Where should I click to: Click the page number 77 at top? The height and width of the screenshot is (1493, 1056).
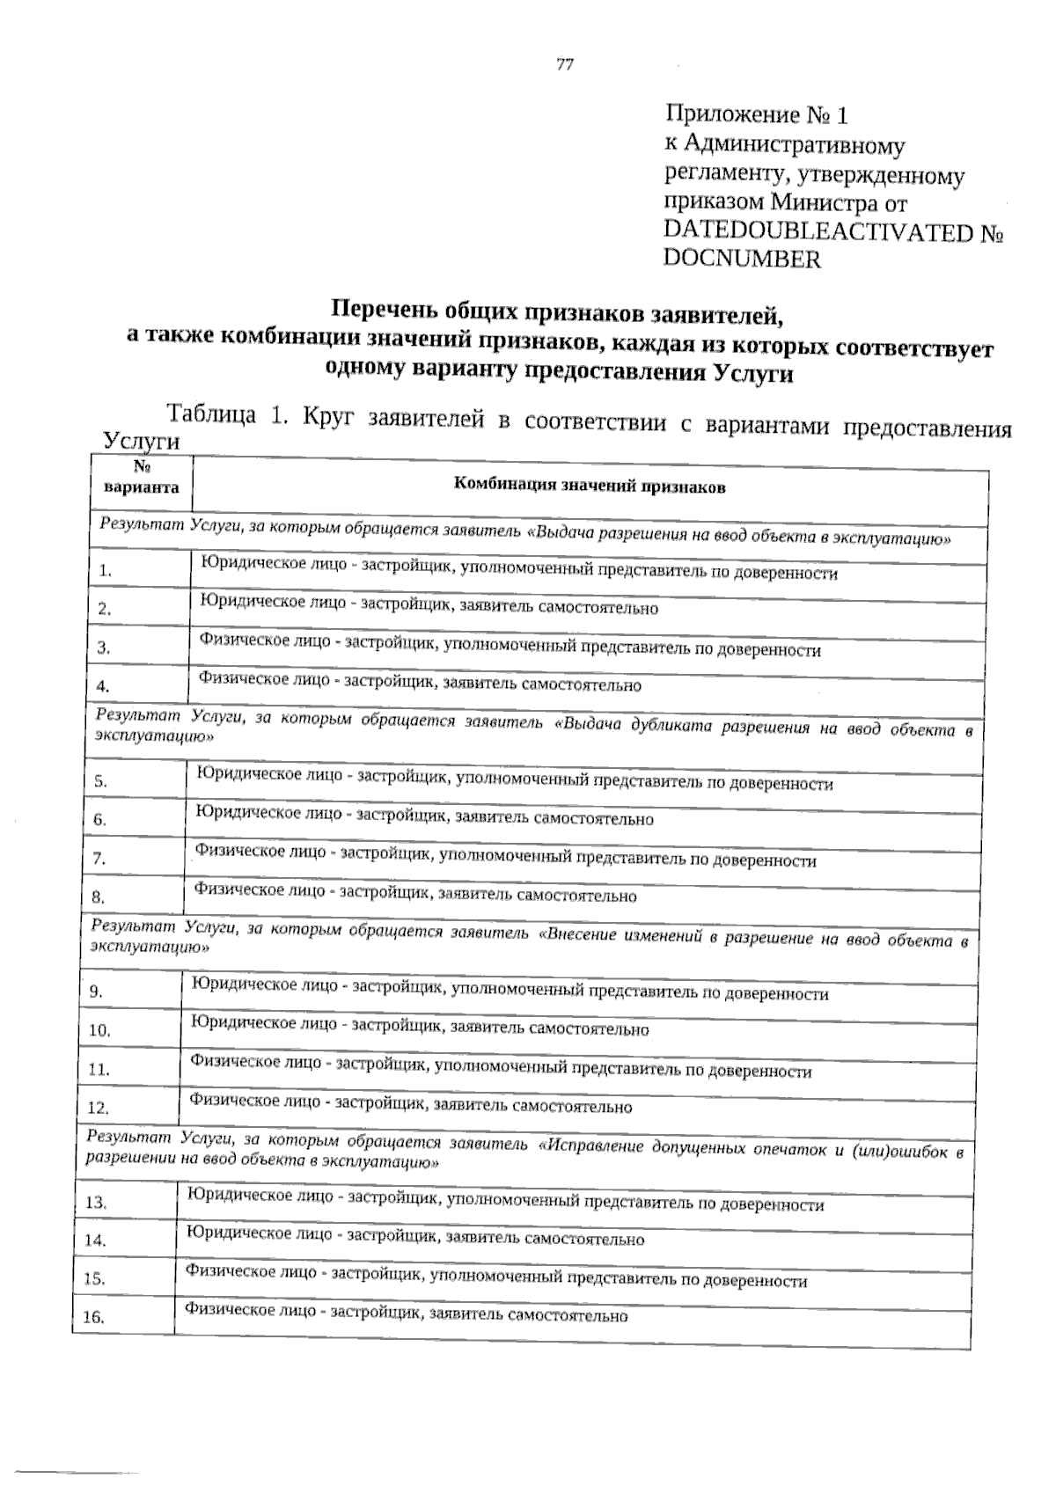(565, 63)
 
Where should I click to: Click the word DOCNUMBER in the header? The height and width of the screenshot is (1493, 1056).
(742, 260)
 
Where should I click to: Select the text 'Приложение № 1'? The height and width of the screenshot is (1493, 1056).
(757, 115)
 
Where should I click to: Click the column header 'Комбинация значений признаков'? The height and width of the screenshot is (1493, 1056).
(589, 486)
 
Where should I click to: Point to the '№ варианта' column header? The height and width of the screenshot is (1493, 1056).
(141, 479)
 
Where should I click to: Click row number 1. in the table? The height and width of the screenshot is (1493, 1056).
(105, 571)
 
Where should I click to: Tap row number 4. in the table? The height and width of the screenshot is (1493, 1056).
(103, 686)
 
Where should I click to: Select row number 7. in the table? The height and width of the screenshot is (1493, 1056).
(99, 859)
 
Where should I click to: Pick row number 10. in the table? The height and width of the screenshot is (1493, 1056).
(99, 1030)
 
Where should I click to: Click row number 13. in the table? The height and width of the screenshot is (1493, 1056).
(96, 1203)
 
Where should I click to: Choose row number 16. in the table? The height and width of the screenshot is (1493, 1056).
(93, 1318)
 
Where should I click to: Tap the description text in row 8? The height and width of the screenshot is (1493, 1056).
(415, 895)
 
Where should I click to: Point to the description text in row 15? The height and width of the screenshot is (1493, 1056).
(495, 1279)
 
